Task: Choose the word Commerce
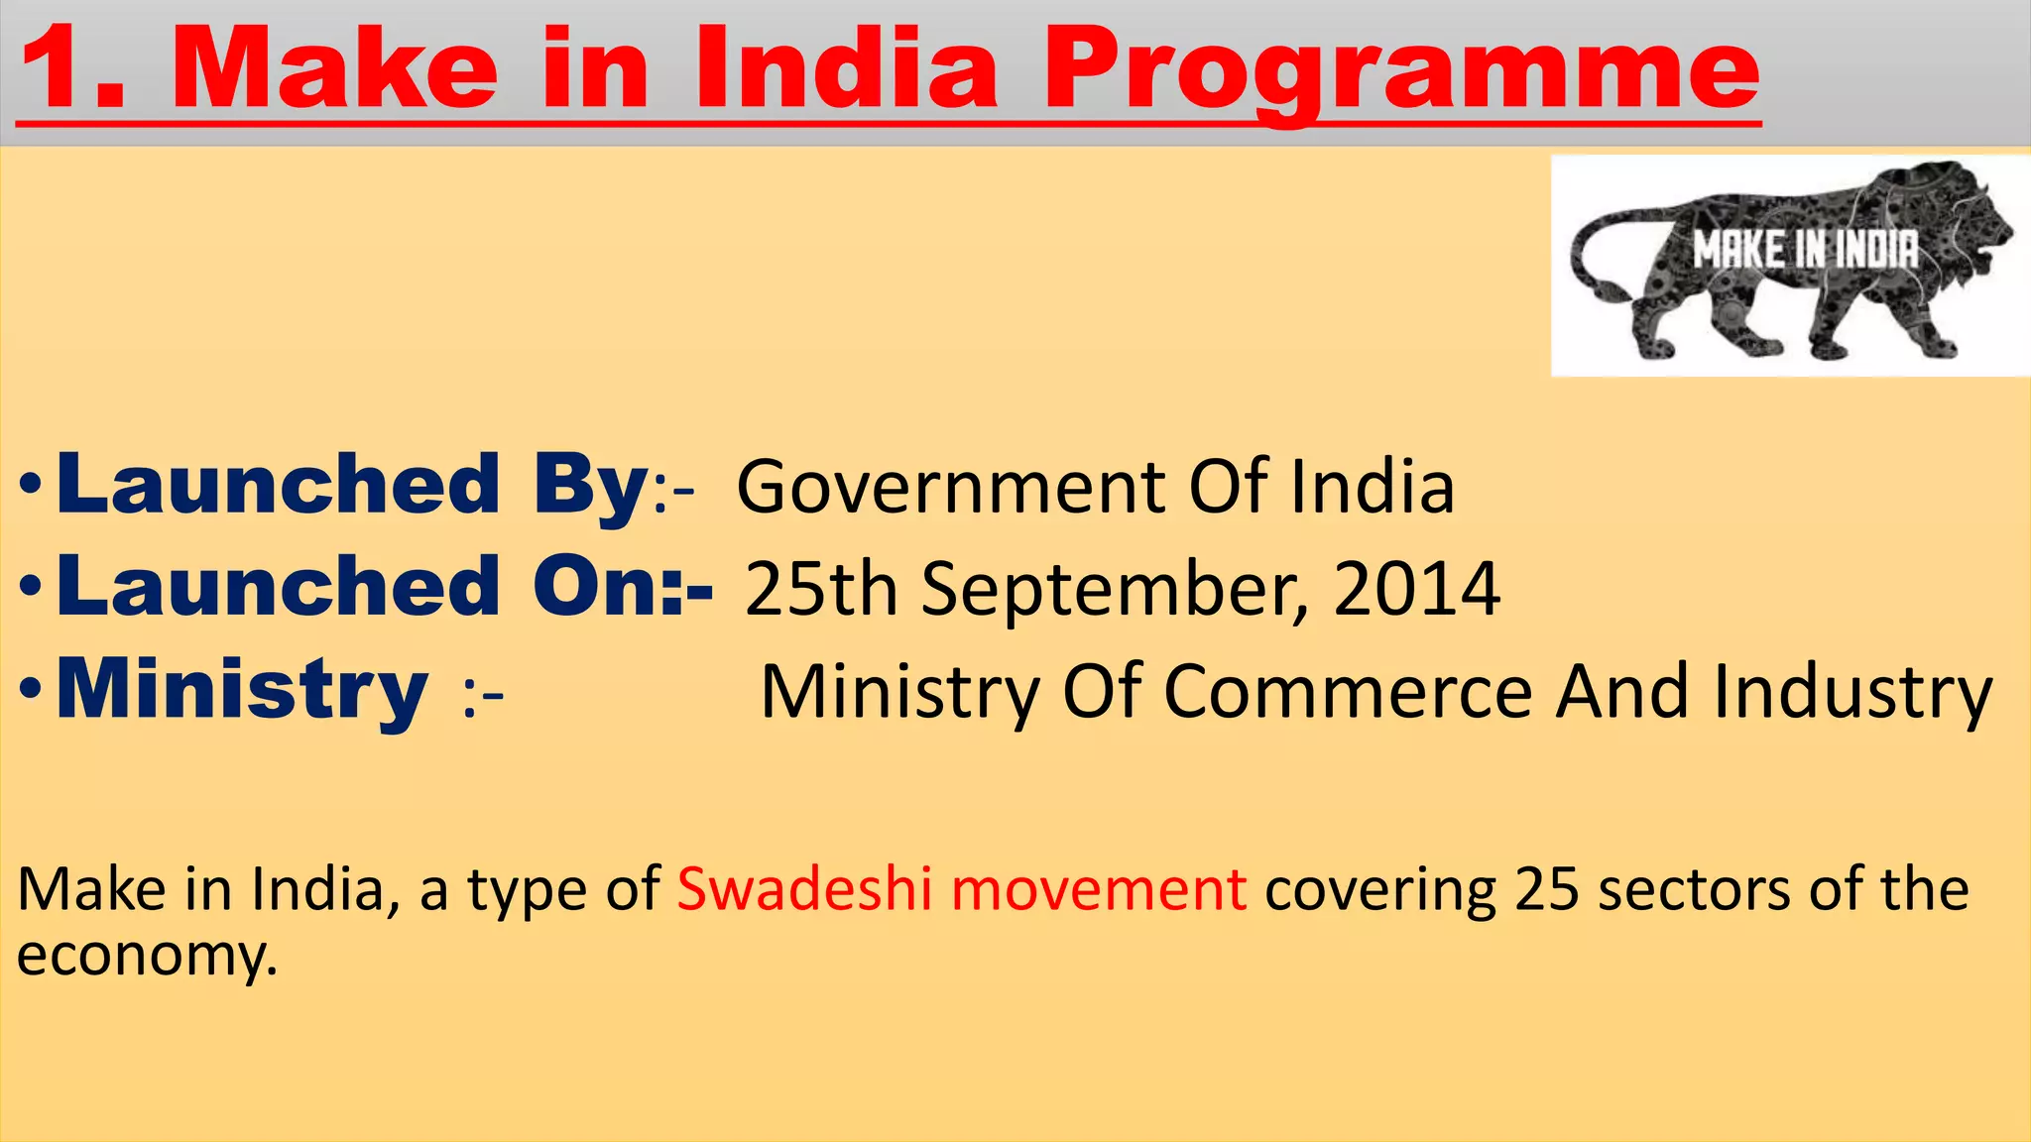point(1348,692)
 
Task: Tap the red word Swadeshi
point(804,889)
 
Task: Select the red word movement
point(1098,890)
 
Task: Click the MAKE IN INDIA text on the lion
point(1805,250)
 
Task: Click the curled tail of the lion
point(1597,268)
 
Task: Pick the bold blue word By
point(591,486)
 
